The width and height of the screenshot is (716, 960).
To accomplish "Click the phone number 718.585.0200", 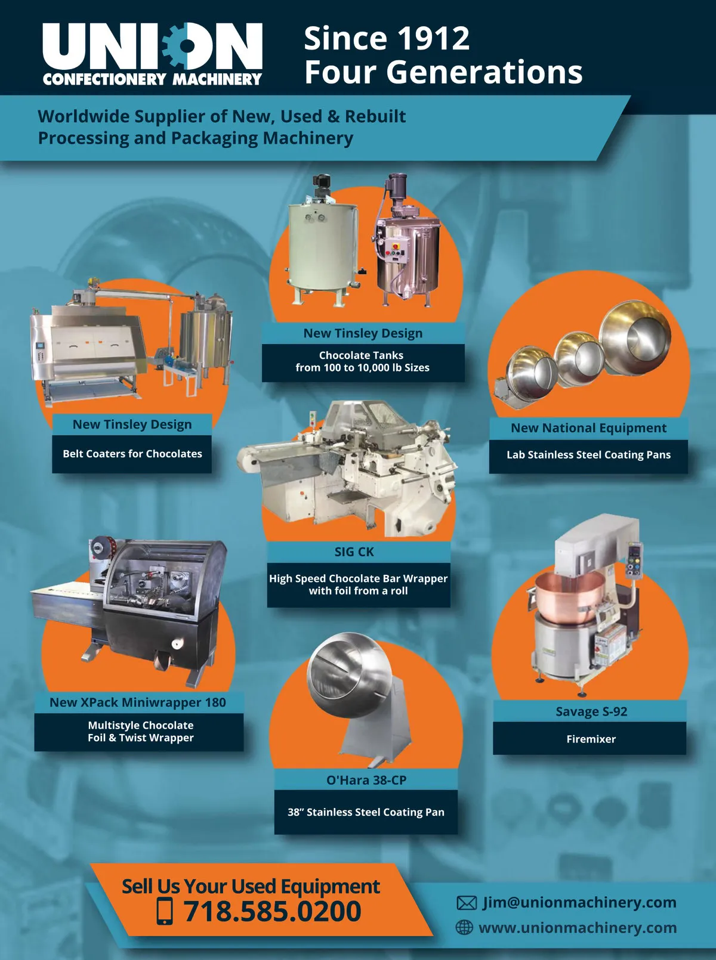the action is pos(272,911).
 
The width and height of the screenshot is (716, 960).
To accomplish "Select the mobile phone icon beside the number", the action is pos(165,911).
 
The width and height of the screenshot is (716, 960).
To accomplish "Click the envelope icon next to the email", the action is pos(467,903).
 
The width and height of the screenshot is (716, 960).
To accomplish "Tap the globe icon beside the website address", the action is pos(464,927).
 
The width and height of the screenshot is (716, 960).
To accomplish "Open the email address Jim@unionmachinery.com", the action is pos(579,902).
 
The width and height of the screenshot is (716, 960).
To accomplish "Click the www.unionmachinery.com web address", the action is pos(578,928).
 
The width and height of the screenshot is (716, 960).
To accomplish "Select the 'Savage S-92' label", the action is pos(591,711).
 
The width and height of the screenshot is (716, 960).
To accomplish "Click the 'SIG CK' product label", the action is pos(354,552).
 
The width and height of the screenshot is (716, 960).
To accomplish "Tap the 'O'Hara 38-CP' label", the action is pos(366,780).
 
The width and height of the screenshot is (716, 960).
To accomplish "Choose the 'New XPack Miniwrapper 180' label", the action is pos(138,702).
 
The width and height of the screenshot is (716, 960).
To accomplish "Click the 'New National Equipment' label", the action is pos(589,428).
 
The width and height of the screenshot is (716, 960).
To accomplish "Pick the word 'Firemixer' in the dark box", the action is pos(591,739).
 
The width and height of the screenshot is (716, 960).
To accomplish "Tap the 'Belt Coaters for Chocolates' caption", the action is pos(132,454).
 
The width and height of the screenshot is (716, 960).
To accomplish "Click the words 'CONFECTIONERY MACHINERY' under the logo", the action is pos(152,79).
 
